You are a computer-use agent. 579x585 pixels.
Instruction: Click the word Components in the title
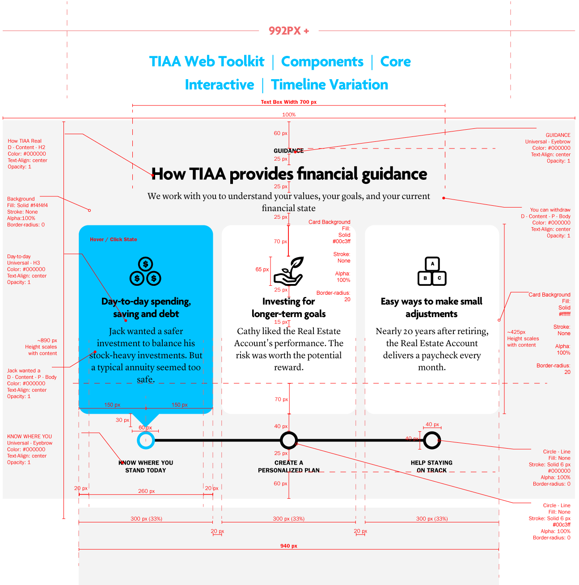[x=322, y=62]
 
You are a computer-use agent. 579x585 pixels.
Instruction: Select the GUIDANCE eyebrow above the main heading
[x=288, y=151]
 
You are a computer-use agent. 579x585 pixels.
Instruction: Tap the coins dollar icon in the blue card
[x=145, y=271]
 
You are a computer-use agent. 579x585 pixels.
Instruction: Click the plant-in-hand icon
[x=289, y=271]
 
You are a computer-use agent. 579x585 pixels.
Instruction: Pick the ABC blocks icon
[x=432, y=271]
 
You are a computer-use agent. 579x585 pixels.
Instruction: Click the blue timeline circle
[x=146, y=440]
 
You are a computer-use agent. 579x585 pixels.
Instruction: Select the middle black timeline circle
[x=289, y=440]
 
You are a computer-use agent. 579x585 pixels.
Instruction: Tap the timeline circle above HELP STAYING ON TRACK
[x=432, y=440]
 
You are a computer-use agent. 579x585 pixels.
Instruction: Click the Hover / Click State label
[x=113, y=240]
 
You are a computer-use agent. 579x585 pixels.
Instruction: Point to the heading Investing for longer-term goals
[x=289, y=308]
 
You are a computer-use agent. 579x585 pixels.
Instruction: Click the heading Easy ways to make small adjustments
[x=431, y=308]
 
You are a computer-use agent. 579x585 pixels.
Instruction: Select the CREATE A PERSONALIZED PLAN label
[x=289, y=466]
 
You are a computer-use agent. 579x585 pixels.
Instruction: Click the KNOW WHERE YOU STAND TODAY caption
[x=146, y=466]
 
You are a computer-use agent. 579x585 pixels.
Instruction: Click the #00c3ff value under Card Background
[x=342, y=242]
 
